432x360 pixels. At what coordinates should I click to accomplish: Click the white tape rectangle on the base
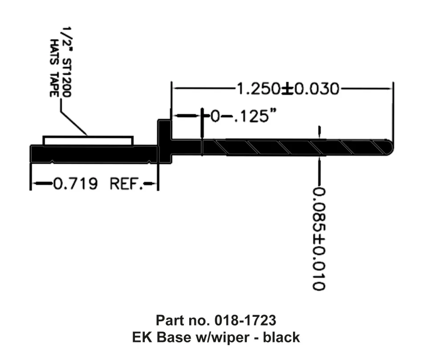click(88, 141)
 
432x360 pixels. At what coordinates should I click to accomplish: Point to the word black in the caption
click(281, 337)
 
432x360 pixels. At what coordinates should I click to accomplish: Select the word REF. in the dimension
click(127, 183)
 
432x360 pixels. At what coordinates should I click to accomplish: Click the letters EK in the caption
click(142, 337)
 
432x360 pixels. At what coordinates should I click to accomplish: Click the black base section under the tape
click(89, 153)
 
